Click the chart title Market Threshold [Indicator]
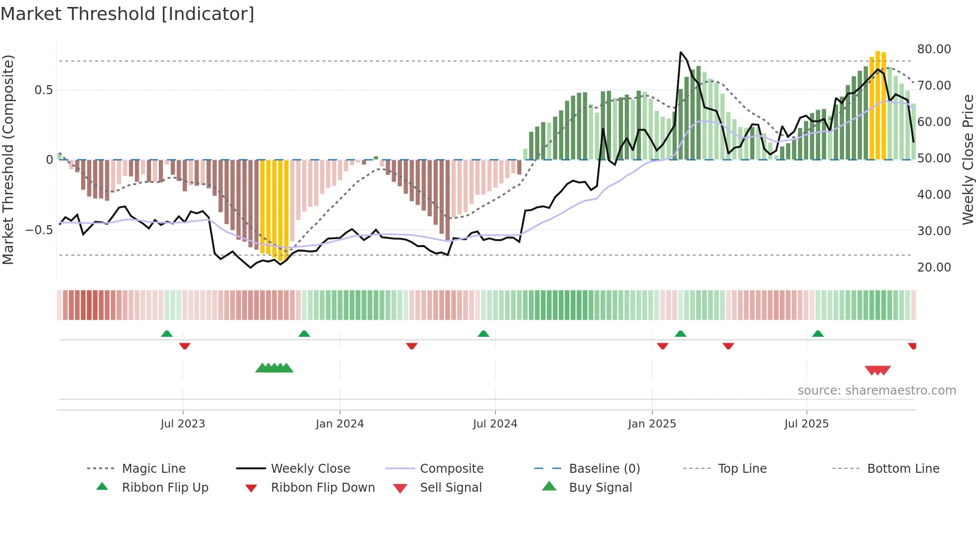tap(127, 14)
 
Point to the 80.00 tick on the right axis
tap(934, 49)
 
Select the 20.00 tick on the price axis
tap(934, 268)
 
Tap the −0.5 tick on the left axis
tap(39, 230)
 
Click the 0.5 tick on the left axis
tap(43, 90)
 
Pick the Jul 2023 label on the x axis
tap(183, 424)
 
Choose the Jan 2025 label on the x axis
tap(652, 424)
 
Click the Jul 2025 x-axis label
tap(806, 424)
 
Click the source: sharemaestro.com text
tap(876, 391)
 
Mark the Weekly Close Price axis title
tap(968, 159)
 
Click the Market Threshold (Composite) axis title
tap(8, 159)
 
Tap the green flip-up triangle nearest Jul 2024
tap(483, 334)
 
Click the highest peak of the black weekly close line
tap(681, 52)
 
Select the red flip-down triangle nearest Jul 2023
tap(185, 346)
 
